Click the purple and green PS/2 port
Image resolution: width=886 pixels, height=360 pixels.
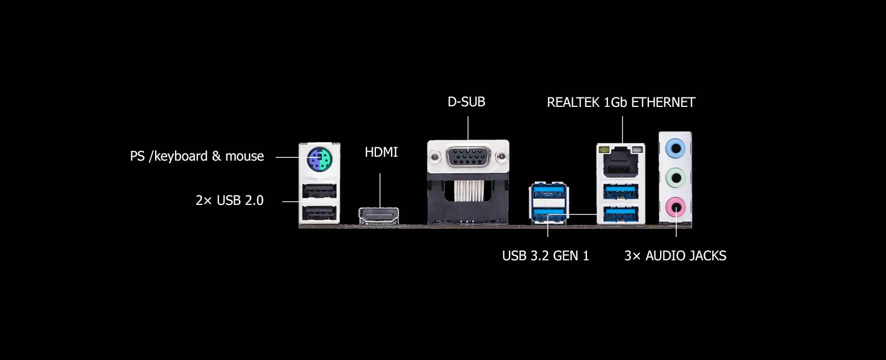click(320, 159)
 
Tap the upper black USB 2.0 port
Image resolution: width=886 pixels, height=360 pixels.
click(319, 191)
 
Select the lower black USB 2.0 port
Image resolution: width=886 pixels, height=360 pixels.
click(319, 214)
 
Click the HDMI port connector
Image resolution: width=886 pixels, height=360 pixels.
click(379, 216)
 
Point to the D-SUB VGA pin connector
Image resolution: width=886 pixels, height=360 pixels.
click(468, 157)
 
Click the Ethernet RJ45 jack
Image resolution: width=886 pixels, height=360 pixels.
click(621, 161)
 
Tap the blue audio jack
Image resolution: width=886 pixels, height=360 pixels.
click(675, 149)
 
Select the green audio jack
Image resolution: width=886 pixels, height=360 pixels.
click(675, 178)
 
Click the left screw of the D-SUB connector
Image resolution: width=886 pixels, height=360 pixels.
click(435, 157)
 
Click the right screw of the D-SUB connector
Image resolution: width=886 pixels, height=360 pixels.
click(502, 157)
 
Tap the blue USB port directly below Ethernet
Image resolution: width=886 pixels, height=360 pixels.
click(621, 192)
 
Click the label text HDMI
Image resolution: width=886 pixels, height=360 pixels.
click(381, 152)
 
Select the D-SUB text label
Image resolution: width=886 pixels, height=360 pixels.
click(466, 102)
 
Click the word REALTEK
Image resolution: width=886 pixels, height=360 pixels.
click(573, 102)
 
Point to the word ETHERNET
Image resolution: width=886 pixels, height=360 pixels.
click(663, 102)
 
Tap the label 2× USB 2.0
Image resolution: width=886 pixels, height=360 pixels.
click(229, 200)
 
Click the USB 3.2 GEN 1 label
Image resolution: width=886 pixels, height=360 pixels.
click(545, 255)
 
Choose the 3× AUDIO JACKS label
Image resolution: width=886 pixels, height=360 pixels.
click(675, 255)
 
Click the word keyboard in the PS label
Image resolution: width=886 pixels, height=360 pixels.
click(181, 156)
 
